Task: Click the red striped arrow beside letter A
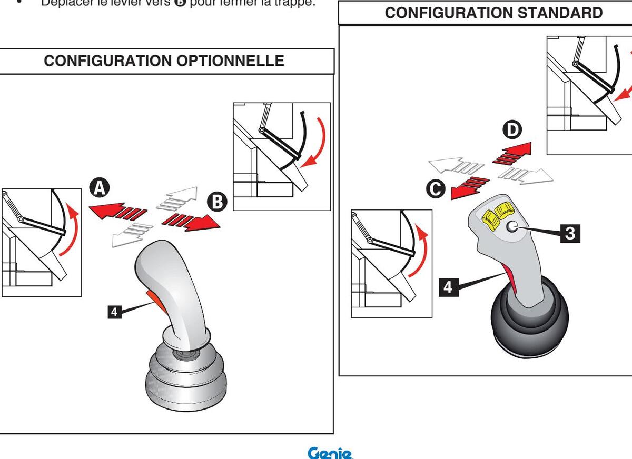(x=117, y=212)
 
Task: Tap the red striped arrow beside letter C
(x=469, y=186)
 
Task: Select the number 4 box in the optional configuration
(x=114, y=312)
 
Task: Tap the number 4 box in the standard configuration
(x=448, y=287)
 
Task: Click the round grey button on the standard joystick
(x=511, y=227)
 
